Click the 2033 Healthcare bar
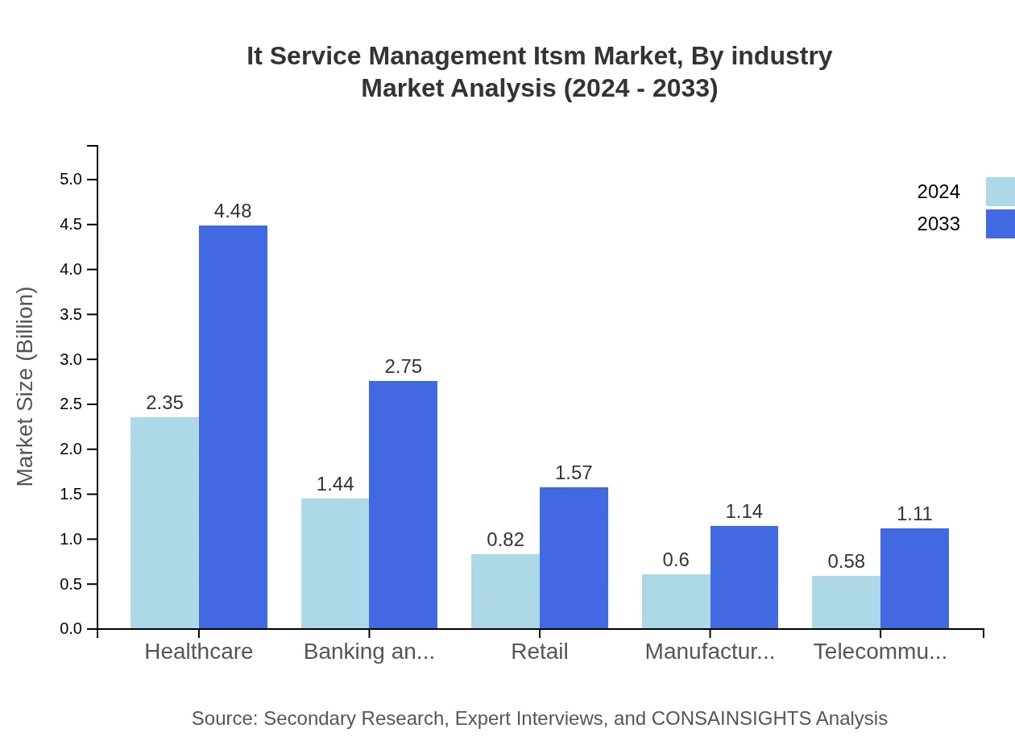233,427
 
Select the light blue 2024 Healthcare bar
164,523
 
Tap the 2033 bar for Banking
403,504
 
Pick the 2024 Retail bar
505,591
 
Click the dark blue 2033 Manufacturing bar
744,577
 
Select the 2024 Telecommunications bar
846,602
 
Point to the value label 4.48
233,211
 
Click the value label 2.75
403,366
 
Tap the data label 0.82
505,540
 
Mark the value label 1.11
914,514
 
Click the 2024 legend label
938,192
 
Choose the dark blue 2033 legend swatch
1000,224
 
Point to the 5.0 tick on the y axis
71,179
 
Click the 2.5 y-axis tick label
71,404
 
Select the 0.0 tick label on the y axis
71,629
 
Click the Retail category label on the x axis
539,652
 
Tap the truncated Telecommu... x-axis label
880,652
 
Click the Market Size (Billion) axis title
26,387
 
